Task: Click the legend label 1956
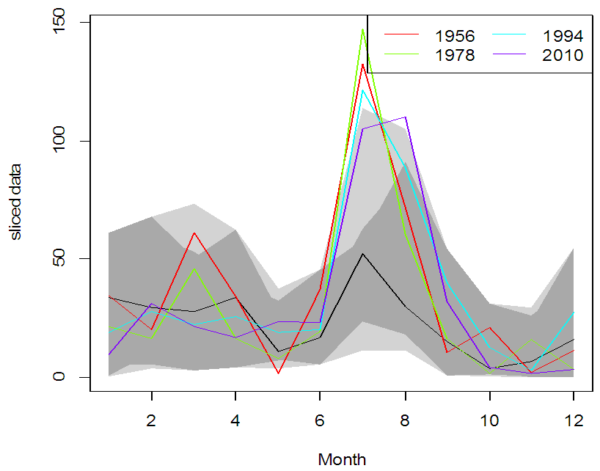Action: coord(455,36)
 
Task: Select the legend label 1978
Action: coord(455,55)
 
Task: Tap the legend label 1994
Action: coord(563,36)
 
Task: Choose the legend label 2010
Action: coord(563,55)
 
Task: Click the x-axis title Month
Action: coord(342,460)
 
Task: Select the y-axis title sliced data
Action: coord(15,200)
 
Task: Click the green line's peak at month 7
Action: coord(363,29)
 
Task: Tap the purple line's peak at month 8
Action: coord(405,117)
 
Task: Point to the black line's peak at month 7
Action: coord(363,254)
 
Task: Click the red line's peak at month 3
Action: coord(194,233)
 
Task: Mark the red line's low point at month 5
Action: coord(279,373)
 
